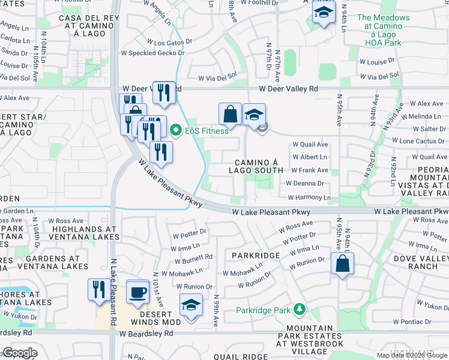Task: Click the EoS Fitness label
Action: coord(206,131)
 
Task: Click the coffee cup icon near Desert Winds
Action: coord(138,291)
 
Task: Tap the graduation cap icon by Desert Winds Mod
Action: coord(191,305)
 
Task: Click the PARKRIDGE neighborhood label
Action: coord(256,256)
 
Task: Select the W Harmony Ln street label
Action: coord(309,197)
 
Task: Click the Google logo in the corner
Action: coord(19,353)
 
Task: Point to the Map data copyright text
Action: coord(412,355)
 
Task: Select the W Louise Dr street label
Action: coord(377,62)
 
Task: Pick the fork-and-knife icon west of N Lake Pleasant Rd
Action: coord(96,289)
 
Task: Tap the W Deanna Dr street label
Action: coord(305,184)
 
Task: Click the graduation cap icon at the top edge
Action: coord(324,12)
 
